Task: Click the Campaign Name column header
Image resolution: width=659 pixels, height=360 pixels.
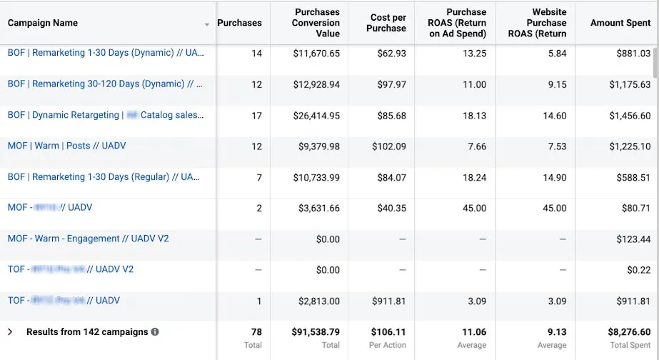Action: [x=43, y=23]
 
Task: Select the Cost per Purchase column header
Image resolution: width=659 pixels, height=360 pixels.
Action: [x=388, y=23]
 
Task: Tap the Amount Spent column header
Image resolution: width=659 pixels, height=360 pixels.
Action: [x=620, y=23]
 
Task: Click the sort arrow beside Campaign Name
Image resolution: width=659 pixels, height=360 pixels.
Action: [x=207, y=24]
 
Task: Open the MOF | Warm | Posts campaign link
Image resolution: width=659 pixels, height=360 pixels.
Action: [x=67, y=146]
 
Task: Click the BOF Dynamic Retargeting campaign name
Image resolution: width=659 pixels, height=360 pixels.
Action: [x=105, y=115]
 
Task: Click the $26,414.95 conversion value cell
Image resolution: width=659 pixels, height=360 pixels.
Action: [x=316, y=116]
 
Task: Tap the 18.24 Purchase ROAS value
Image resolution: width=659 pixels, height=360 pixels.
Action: [x=475, y=178]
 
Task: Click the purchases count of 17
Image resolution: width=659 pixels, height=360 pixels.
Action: [x=256, y=116]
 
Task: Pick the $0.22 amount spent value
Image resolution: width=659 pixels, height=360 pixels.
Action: [x=638, y=270]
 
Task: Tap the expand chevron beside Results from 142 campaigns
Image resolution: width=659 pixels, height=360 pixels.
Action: [x=10, y=332]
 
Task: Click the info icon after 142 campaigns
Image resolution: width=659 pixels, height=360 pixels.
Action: [x=155, y=332]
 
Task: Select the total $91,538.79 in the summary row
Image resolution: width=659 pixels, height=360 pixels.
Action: [x=316, y=332]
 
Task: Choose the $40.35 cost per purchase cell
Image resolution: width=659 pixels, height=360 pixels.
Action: [x=391, y=209]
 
